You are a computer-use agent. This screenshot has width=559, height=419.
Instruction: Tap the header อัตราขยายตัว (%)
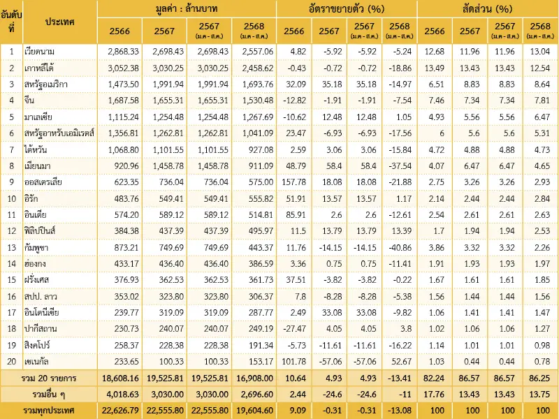point(347,9)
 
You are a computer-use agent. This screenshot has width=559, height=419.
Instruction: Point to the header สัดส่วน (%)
point(487,9)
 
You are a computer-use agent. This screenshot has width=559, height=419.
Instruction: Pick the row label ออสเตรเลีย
point(47,182)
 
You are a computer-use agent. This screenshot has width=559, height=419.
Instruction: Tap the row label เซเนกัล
point(41,361)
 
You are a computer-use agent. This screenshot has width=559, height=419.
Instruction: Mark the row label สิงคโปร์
point(41,345)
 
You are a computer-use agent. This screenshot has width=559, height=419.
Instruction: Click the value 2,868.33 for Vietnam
point(121,51)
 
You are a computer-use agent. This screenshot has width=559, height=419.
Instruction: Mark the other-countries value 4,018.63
point(121,394)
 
